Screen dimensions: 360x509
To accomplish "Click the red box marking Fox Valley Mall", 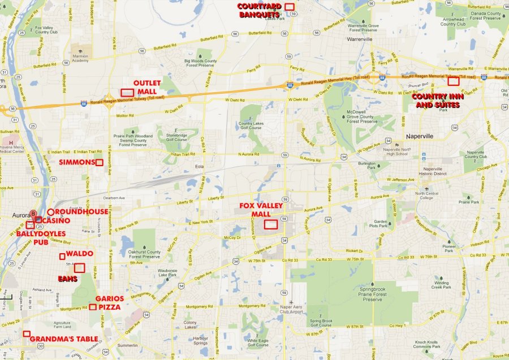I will click(271, 224).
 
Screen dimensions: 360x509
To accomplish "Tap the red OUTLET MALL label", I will click(147, 87).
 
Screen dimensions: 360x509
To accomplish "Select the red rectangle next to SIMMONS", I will click(99, 163).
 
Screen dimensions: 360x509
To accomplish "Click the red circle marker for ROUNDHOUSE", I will click(50, 212).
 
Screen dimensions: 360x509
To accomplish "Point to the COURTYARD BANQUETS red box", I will click(290, 7).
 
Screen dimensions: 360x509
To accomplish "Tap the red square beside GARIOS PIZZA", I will click(92, 307).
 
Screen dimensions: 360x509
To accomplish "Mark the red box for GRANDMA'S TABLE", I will click(27, 334).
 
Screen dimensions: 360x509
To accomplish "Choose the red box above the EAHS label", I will click(79, 268).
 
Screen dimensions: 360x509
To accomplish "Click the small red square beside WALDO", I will click(62, 257).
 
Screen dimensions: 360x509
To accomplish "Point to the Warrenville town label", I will click(360, 40).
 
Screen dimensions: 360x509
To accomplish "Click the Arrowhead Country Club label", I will click(453, 21).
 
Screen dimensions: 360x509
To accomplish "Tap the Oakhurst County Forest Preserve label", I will click(144, 254).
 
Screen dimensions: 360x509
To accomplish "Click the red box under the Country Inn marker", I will click(453, 81).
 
